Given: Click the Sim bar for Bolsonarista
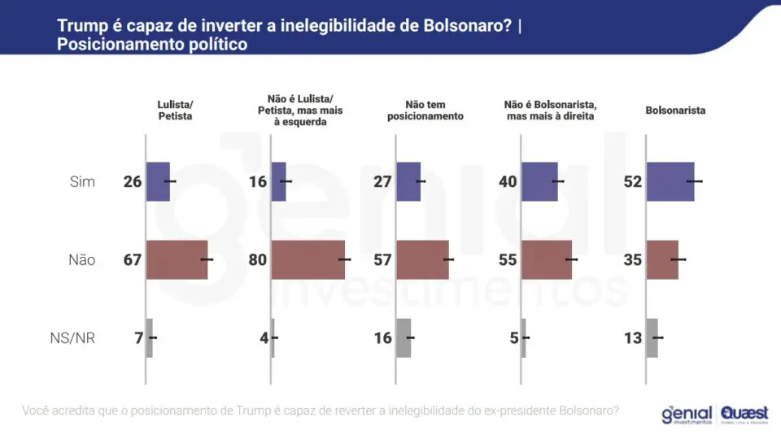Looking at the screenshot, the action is [x=670, y=181].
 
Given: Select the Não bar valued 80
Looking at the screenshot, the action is [x=308, y=260].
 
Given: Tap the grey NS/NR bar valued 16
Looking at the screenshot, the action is [x=404, y=338].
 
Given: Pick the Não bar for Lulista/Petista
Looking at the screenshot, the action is [x=177, y=260].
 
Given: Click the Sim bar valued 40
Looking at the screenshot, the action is [x=540, y=181].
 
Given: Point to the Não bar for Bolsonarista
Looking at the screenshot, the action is [x=662, y=260].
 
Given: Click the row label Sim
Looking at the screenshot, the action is [x=82, y=181].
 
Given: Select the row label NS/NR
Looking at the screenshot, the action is [x=72, y=338].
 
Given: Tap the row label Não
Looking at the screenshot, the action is [x=81, y=260].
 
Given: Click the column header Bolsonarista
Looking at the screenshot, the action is [x=675, y=111].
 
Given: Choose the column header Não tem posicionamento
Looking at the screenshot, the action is [x=425, y=111].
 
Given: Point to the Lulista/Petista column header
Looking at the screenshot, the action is [x=176, y=111].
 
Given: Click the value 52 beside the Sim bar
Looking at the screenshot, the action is [x=633, y=181].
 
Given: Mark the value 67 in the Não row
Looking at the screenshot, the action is [x=133, y=260].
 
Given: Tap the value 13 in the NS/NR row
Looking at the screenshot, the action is [x=633, y=338].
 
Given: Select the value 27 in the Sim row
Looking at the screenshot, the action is [x=382, y=181].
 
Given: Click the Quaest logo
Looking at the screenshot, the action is [x=744, y=415].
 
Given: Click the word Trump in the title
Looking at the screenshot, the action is [x=83, y=26].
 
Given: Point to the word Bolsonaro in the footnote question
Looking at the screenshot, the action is [x=589, y=411].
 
